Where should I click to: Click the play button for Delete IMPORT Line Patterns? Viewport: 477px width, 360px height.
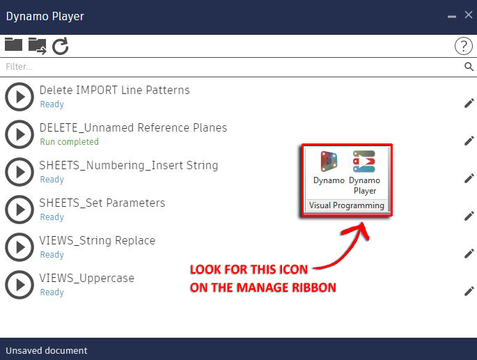(19, 97)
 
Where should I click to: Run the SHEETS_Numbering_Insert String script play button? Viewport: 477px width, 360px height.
(19, 172)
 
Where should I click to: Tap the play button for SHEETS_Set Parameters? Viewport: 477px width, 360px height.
(19, 210)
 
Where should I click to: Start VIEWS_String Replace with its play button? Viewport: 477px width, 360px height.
(19, 247)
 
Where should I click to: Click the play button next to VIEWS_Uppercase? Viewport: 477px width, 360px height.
(19, 285)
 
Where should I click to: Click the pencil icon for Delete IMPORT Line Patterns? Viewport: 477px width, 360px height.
(469, 103)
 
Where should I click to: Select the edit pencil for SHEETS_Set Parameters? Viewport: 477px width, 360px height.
(469, 216)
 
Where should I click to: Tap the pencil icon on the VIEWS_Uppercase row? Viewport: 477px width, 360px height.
(469, 291)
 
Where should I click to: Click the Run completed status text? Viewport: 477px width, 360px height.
(69, 142)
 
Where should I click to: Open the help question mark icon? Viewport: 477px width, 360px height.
(463, 46)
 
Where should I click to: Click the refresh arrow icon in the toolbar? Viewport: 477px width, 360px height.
(61, 46)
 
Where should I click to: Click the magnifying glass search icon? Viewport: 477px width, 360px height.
(469, 67)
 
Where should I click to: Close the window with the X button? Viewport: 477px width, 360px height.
(469, 15)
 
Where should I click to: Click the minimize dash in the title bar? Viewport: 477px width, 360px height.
(453, 15)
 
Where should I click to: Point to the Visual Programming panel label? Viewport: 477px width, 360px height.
(347, 205)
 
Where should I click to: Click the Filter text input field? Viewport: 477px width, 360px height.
(230, 67)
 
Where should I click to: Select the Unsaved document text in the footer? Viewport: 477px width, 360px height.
(47, 350)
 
